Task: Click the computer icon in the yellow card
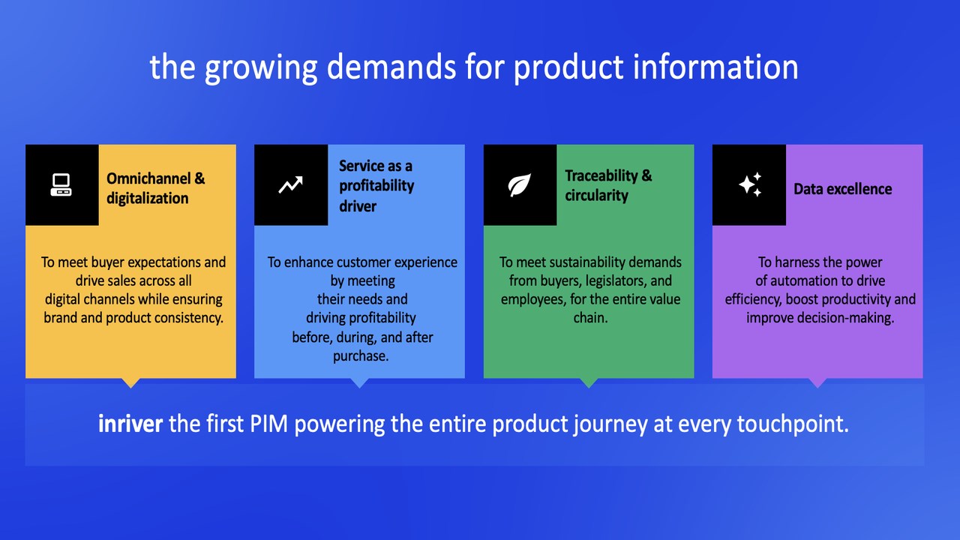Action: click(61, 185)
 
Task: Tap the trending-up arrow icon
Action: click(290, 184)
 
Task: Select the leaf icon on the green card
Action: click(520, 185)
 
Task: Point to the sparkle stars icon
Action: click(750, 184)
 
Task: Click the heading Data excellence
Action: click(842, 189)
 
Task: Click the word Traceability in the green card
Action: click(601, 175)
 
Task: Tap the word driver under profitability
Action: click(358, 206)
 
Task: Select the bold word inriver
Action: click(130, 424)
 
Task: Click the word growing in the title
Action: click(260, 67)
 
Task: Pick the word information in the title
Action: click(715, 67)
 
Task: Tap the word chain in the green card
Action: click(589, 318)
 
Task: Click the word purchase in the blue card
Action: click(359, 356)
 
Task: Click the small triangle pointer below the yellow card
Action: click(130, 382)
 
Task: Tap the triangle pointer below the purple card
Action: click(817, 382)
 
